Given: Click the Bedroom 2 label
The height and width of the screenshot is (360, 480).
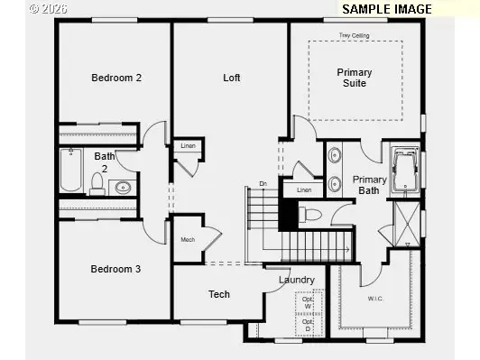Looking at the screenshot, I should tap(116, 78).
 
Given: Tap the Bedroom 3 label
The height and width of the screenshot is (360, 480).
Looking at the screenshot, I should tap(116, 269).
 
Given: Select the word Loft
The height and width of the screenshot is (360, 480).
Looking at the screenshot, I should tap(232, 78).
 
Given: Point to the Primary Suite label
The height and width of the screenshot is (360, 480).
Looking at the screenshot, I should tap(354, 78).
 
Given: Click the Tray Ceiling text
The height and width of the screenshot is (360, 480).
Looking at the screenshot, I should tap(354, 35).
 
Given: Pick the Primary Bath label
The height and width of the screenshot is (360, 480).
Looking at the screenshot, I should tap(370, 185).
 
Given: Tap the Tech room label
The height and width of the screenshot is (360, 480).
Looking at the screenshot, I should tap(219, 294).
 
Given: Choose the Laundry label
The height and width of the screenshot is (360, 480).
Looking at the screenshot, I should tap(296, 280).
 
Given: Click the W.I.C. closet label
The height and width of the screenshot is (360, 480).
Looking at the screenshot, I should tap(376, 298).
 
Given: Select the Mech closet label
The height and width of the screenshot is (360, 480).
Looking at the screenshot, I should tap(188, 239).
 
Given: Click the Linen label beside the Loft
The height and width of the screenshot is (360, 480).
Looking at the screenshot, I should tap(188, 145).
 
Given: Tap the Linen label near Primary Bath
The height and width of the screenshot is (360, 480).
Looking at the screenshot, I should tap(304, 190).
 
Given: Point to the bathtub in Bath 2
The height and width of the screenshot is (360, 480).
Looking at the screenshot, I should tap(72, 171).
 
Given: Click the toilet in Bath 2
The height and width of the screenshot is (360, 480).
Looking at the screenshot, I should tap(97, 184).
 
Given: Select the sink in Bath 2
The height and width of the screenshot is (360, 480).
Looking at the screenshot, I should tap(123, 188).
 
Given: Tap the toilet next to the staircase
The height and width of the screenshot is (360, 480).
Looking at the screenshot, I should tap(309, 215).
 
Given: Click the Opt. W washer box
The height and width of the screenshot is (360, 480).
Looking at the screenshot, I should tap(309, 302).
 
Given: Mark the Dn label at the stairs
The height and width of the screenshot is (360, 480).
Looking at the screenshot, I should tap(263, 184).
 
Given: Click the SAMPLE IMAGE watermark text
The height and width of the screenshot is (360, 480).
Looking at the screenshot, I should tap(385, 9).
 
